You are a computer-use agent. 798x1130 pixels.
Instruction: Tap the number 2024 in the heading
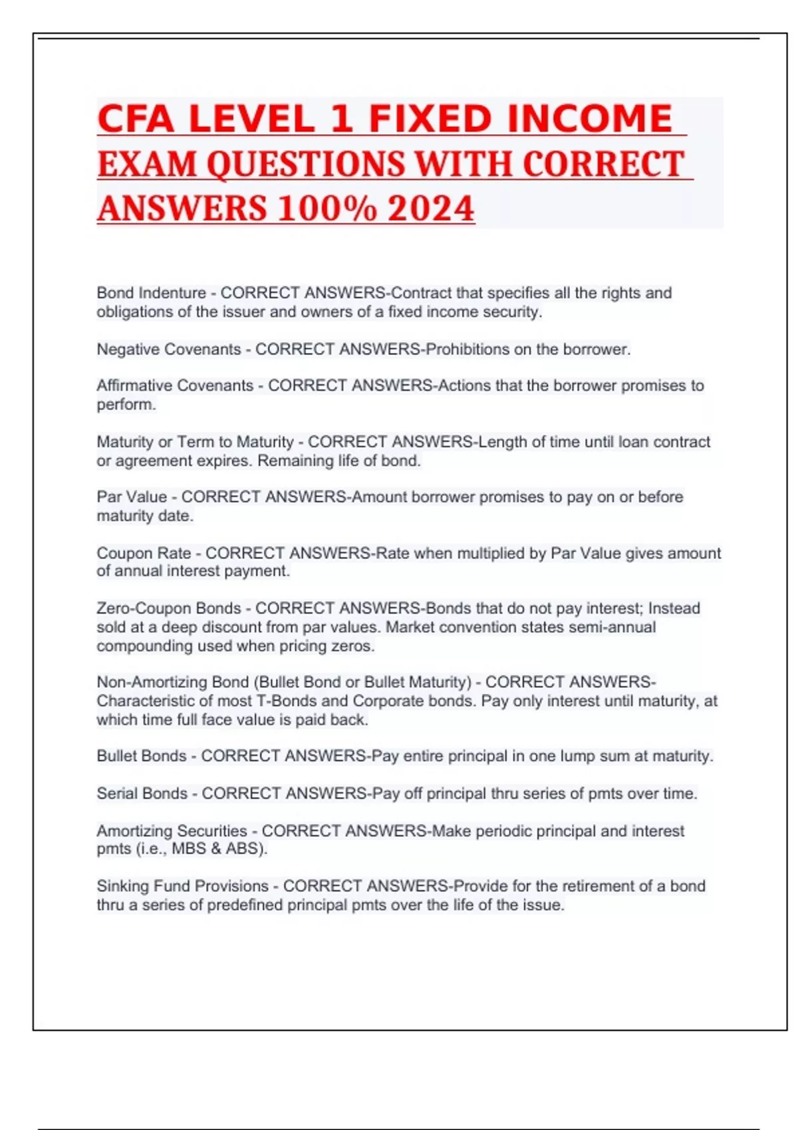coord(431,208)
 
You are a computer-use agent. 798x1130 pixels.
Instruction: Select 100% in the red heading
coord(327,208)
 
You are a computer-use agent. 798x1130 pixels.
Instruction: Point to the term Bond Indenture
coord(151,293)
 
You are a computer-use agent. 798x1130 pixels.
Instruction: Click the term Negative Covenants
coord(169,350)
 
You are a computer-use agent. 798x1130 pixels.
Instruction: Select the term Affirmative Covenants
coord(175,386)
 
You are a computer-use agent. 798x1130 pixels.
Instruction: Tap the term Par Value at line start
coord(132,497)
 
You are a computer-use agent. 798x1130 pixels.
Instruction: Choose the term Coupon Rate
coord(144,553)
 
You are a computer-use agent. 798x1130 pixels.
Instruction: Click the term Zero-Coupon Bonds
coord(169,608)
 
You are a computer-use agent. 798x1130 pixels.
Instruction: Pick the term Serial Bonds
coord(142,793)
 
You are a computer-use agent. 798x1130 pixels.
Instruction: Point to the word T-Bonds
coord(287,701)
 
